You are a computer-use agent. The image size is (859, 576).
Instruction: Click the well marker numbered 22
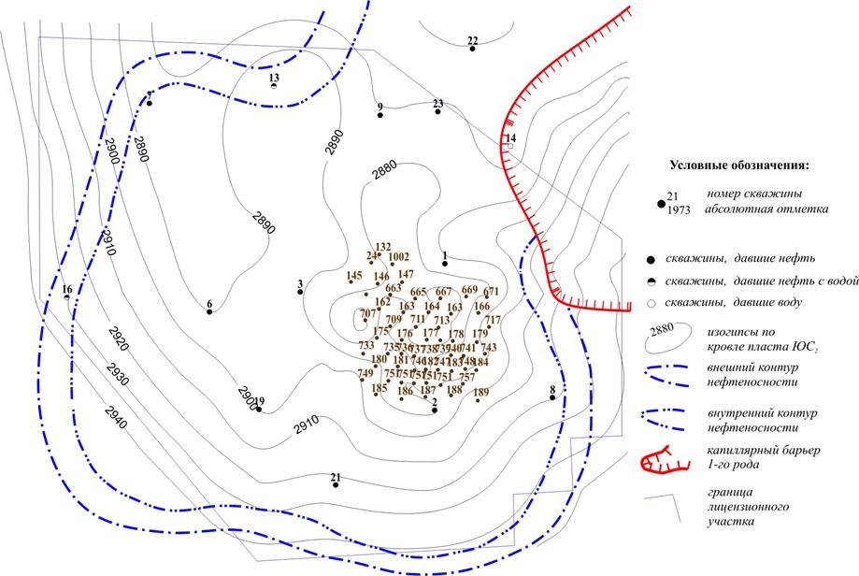coord(473,49)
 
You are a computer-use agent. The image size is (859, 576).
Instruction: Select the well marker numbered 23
coord(438,111)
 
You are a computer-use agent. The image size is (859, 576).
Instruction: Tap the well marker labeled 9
coord(380,116)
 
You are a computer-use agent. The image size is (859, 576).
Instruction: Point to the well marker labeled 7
coord(149,104)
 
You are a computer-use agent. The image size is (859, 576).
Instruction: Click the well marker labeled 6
coord(209,311)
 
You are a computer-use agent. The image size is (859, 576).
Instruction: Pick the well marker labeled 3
coord(300,292)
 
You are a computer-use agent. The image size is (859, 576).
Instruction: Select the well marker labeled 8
coord(552,397)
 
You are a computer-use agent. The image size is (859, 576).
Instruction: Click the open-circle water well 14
coord(510,147)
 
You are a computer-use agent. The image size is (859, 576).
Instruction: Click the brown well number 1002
coord(399,256)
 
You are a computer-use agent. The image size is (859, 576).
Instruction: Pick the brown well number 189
coord(481,392)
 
